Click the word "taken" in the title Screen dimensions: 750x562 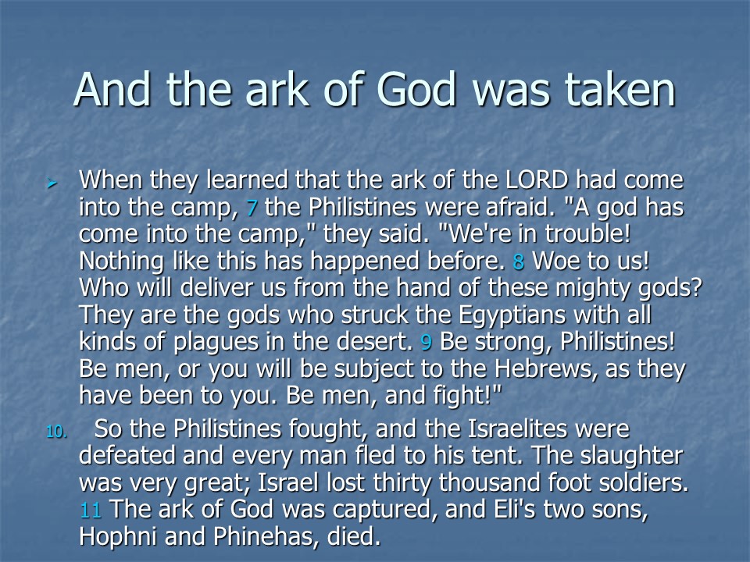[620, 89]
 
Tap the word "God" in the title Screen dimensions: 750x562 [416, 89]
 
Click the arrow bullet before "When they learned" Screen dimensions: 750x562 [52, 183]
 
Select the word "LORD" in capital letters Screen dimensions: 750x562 [537, 180]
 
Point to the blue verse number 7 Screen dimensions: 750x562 [252, 208]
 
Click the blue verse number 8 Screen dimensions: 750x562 [519, 261]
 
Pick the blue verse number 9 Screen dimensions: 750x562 [426, 342]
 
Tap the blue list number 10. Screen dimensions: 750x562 [56, 432]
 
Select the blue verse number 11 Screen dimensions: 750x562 [91, 510]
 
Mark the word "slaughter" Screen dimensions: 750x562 [631, 456]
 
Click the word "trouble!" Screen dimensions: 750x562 [587, 233]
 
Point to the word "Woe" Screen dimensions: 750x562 [553, 261]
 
